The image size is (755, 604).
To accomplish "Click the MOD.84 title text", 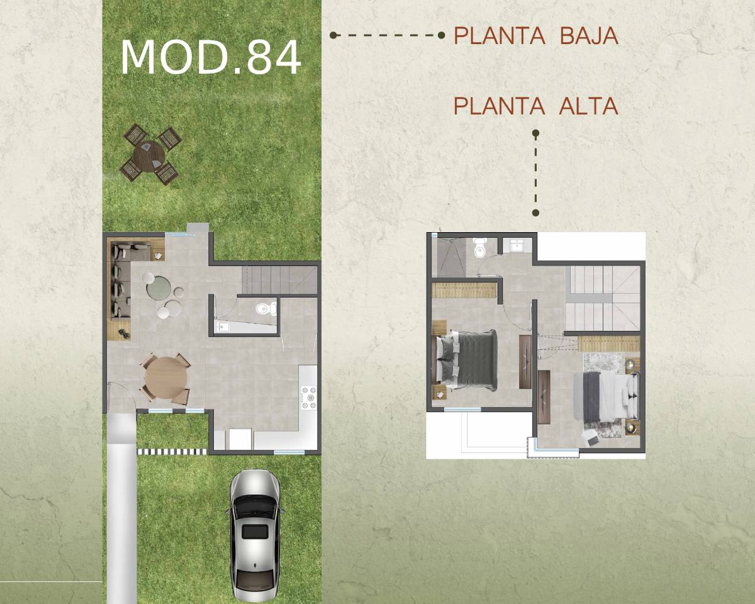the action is [211, 57].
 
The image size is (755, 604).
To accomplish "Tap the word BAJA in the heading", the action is [589, 36].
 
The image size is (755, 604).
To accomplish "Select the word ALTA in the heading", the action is [588, 106].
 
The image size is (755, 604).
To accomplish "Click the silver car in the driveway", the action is [255, 535].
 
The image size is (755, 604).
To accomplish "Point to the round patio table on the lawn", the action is [150, 156].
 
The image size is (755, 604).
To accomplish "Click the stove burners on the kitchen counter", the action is [309, 398].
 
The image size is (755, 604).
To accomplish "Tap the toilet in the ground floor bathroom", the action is [266, 309].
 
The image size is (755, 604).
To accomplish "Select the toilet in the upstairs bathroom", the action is [479, 248].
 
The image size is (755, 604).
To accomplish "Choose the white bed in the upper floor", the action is [606, 396].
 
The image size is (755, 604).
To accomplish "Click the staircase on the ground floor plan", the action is [279, 280].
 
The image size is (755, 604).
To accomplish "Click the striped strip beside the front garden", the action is [172, 452].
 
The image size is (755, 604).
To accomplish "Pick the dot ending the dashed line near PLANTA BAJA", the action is [442, 35].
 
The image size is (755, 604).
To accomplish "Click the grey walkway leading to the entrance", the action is [121, 509].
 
